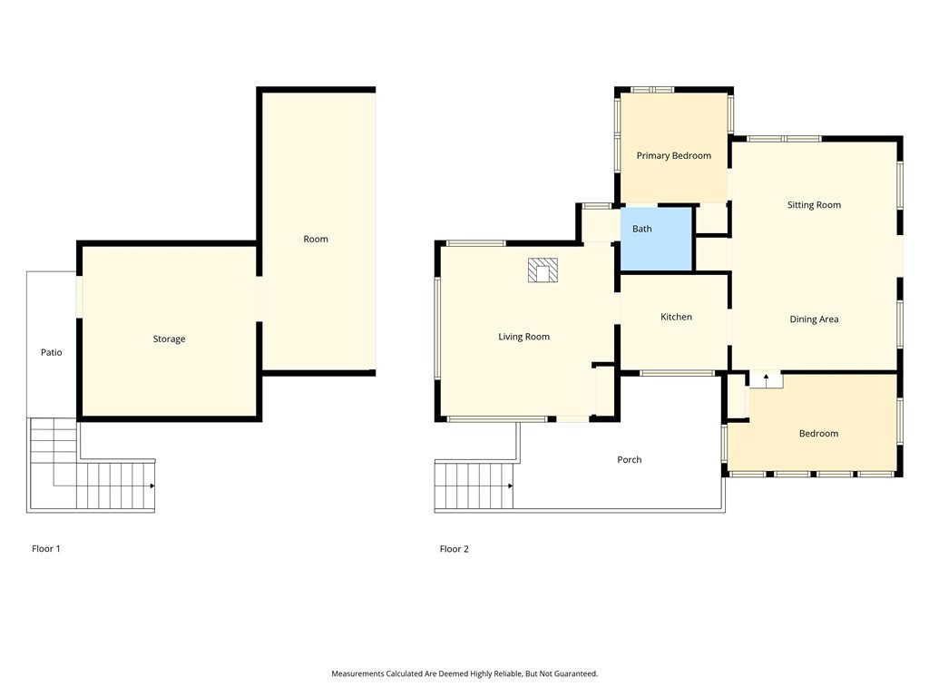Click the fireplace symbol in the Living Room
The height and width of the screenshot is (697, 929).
point(543,270)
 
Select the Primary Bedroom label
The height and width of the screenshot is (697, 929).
point(673,156)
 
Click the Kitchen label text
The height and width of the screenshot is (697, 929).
point(676,317)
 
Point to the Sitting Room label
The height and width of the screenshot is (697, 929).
point(814,205)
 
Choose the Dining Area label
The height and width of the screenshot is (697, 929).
point(814,319)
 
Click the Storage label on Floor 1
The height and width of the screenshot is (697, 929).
point(169,339)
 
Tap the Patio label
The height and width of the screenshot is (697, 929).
point(52,352)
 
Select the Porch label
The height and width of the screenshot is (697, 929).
point(629,460)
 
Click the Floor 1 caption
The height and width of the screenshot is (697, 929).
point(46,549)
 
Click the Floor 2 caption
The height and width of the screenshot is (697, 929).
point(455,549)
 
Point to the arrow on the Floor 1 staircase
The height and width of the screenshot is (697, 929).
point(152,486)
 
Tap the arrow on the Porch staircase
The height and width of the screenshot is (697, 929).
point(511,486)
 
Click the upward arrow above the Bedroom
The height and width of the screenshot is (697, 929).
point(766,376)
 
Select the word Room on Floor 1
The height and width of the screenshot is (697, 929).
point(316,240)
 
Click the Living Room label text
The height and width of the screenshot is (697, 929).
point(523,338)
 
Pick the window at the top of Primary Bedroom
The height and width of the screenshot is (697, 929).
point(653,90)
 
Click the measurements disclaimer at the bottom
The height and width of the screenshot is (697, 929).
point(464,673)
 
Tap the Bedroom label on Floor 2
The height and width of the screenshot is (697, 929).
point(818,434)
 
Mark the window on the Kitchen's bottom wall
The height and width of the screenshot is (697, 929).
point(677,373)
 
